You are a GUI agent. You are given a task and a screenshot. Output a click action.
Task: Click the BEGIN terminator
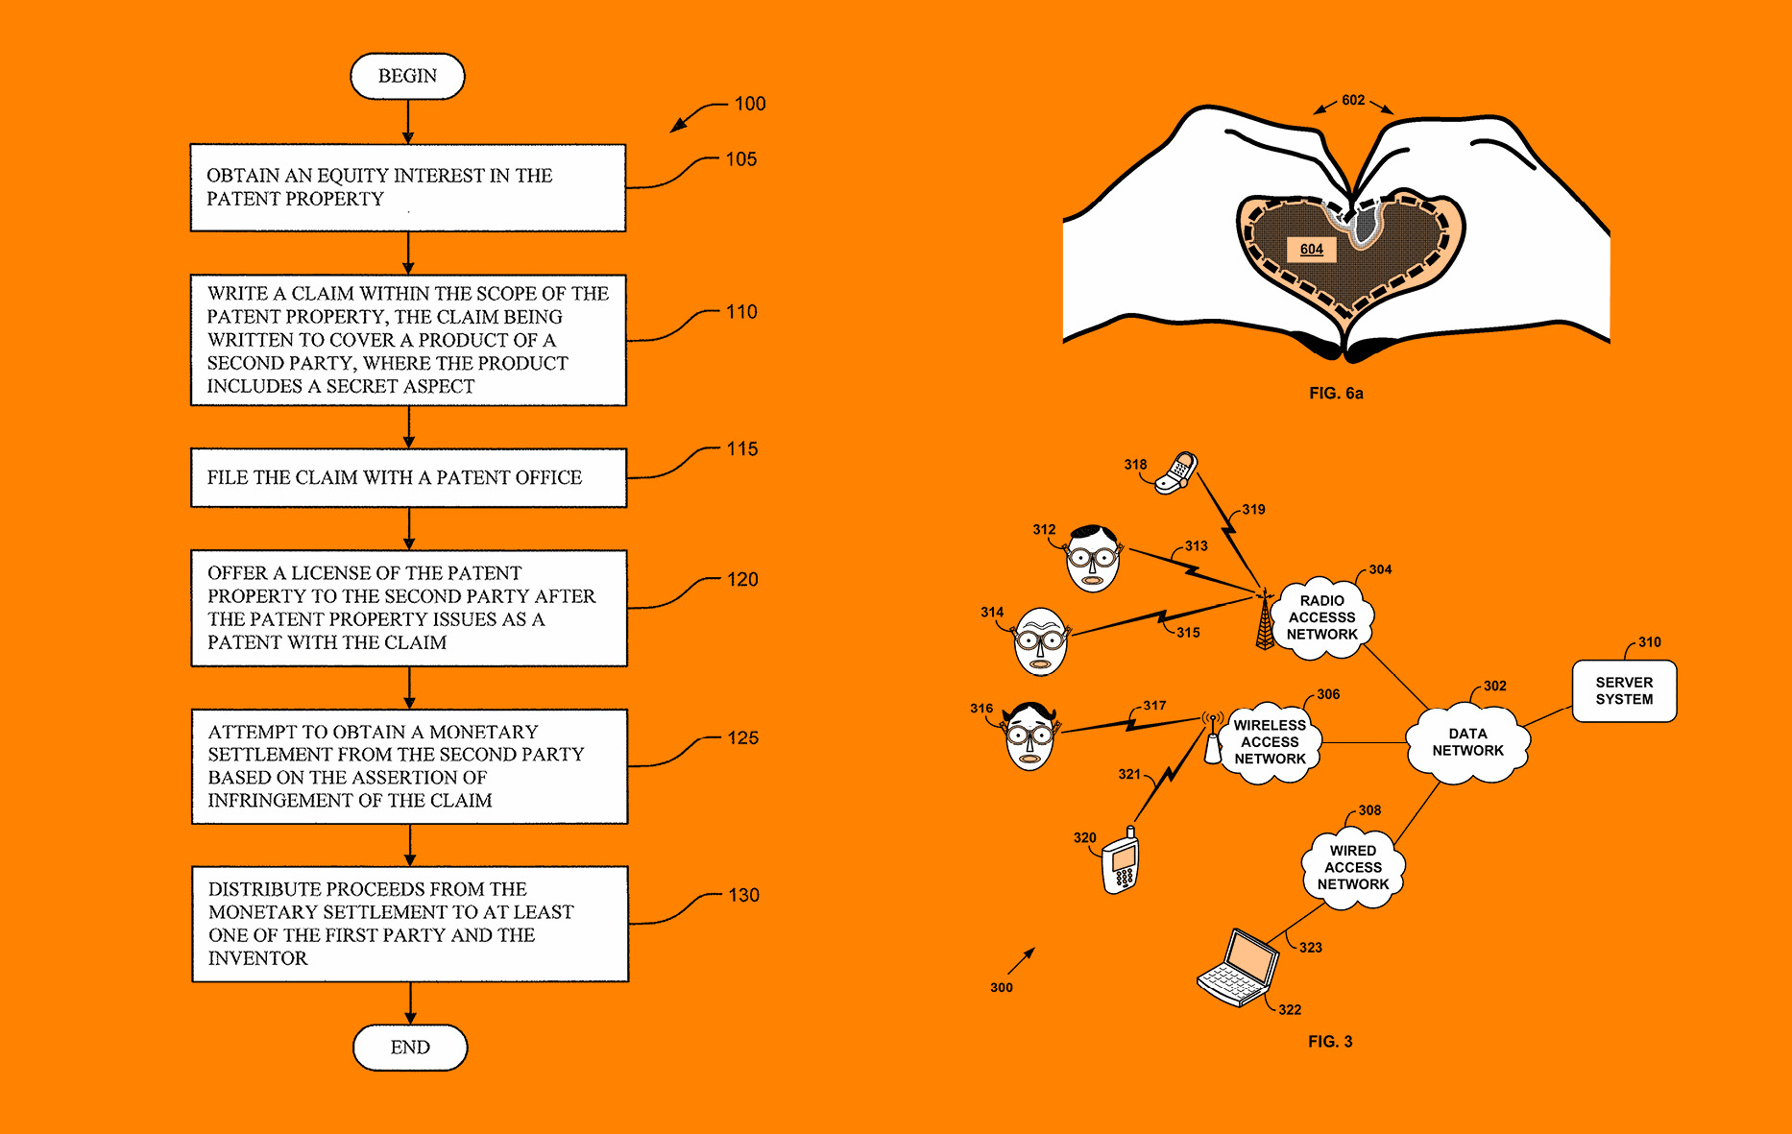[407, 76]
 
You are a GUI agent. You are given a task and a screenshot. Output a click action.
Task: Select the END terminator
[410, 1047]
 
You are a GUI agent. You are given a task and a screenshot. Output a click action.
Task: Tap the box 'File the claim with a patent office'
[409, 477]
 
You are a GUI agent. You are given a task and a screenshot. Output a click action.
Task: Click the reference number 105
[740, 159]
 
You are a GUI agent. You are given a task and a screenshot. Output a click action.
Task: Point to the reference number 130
[743, 895]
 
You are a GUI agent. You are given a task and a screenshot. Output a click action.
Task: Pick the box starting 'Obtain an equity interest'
[408, 187]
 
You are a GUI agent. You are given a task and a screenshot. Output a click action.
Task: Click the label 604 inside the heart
[1311, 250]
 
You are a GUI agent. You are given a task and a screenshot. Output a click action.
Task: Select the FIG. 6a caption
[1336, 393]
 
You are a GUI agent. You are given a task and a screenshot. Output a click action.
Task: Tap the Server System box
[1624, 691]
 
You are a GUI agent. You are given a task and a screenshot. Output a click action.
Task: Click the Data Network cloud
[1467, 742]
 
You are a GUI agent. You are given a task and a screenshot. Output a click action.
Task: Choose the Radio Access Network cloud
[1322, 617]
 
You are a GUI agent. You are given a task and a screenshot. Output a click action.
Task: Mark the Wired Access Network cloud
[1352, 867]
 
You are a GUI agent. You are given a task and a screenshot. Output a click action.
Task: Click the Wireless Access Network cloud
[1270, 742]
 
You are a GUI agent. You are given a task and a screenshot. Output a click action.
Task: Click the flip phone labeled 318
[1176, 471]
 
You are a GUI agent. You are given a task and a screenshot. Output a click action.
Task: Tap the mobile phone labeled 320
[1121, 861]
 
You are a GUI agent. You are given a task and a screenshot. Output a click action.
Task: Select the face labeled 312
[1093, 559]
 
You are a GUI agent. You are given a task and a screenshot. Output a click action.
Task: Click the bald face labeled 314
[1040, 641]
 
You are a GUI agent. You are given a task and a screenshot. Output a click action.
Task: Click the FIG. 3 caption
[1330, 1042]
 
